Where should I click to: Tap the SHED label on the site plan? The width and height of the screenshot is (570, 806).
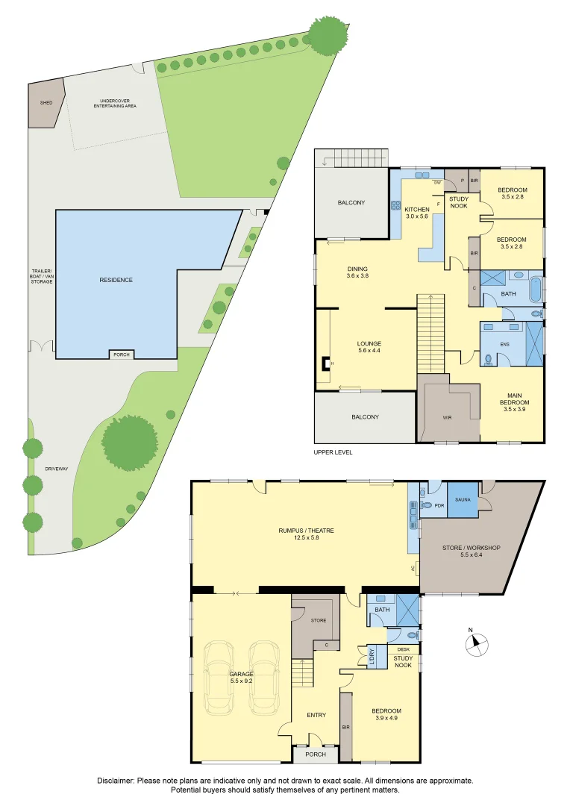[46, 103]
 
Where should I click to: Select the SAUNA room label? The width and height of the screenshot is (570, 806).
[463, 499]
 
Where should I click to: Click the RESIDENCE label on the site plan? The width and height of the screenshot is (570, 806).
[116, 280]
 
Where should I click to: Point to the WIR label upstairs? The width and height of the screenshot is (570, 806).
[447, 418]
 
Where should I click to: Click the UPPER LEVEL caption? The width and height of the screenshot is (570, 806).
[333, 452]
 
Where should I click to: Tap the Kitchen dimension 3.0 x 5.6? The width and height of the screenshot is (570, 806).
[417, 216]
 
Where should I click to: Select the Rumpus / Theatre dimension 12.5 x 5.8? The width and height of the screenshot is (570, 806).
[307, 537]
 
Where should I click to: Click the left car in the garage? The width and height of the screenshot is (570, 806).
[219, 678]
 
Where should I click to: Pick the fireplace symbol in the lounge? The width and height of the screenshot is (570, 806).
[326, 363]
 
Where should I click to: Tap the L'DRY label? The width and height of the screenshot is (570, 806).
[372, 657]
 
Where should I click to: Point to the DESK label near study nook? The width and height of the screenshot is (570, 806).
[404, 650]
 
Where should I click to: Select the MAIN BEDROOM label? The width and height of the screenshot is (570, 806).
[515, 399]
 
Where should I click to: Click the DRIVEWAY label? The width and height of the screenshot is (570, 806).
[57, 469]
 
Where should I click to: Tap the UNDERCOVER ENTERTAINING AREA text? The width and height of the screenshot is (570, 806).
[115, 103]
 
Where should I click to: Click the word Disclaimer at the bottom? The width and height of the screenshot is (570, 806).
[116, 781]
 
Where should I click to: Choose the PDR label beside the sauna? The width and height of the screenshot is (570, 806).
[439, 506]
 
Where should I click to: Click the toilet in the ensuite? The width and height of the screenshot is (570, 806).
[488, 359]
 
